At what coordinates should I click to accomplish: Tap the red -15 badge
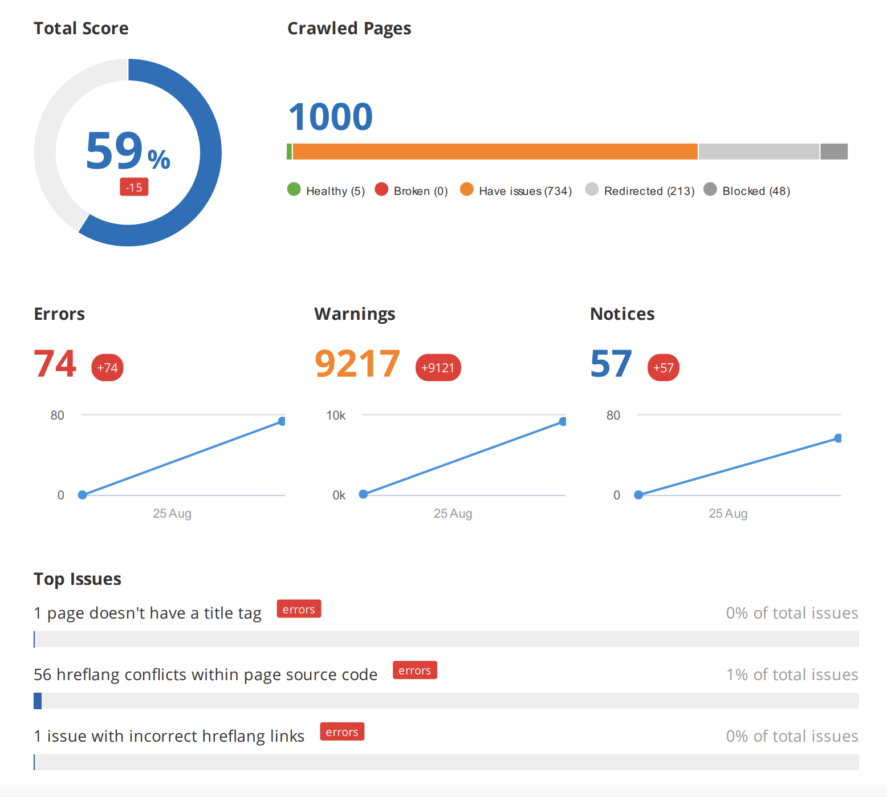click(x=134, y=187)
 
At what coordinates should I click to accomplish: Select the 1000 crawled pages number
click(x=330, y=117)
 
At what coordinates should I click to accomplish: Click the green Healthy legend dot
click(x=294, y=189)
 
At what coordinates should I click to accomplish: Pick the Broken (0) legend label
click(x=420, y=191)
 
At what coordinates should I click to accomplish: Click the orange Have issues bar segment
click(x=495, y=152)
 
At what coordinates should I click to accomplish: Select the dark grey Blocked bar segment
click(x=833, y=152)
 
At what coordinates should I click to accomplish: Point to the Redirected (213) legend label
click(x=649, y=191)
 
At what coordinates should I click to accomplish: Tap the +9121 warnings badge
click(x=438, y=368)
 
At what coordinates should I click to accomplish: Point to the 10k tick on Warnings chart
click(x=336, y=416)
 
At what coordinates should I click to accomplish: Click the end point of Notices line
click(x=838, y=438)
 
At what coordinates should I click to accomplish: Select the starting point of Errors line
click(x=83, y=495)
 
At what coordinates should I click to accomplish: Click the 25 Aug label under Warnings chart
click(x=453, y=514)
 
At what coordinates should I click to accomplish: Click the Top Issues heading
click(x=78, y=579)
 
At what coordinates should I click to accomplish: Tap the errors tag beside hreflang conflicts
click(x=414, y=670)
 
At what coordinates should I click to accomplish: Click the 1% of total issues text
click(x=792, y=675)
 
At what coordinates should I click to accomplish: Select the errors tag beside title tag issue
click(x=299, y=609)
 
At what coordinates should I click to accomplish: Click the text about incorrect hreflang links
click(x=169, y=737)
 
